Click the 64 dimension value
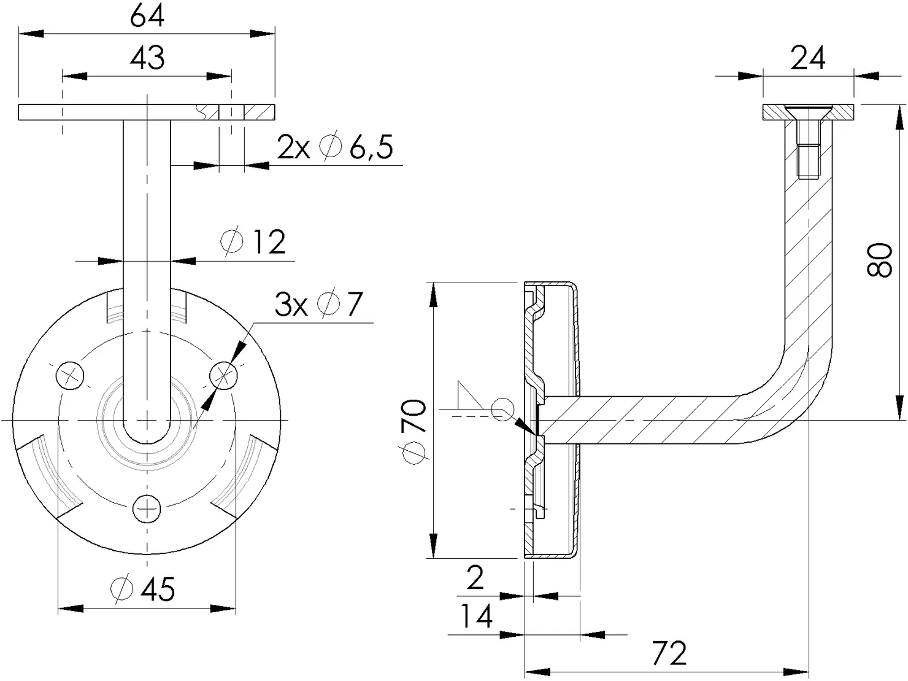click(147, 17)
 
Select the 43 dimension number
click(147, 58)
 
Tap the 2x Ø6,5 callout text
click(334, 147)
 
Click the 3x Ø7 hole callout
click(319, 305)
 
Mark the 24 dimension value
click(807, 58)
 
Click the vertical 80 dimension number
click(879, 260)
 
